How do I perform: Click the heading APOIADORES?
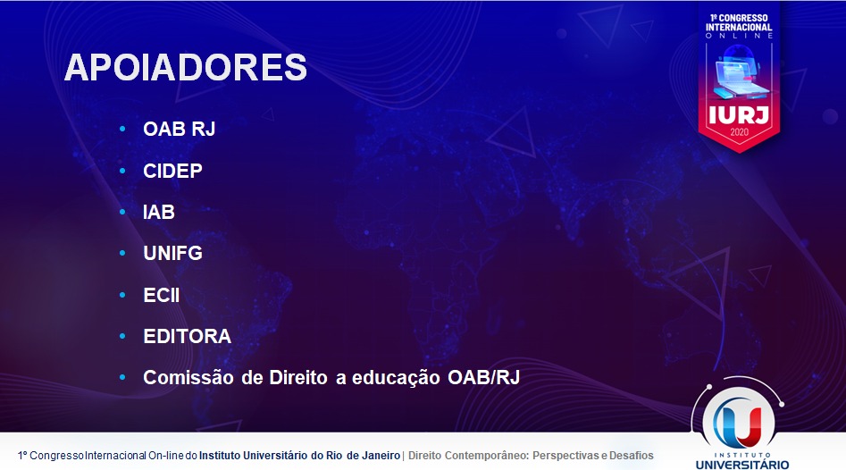click(x=185, y=67)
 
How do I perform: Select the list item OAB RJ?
click(x=180, y=129)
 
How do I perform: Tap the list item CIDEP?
click(x=172, y=171)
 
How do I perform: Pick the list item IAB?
click(x=159, y=212)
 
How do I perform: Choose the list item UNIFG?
click(x=172, y=253)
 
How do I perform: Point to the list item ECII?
click(x=162, y=295)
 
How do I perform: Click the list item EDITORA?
click(x=188, y=336)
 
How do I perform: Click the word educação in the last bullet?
click(x=396, y=378)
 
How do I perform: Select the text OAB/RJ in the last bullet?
click(x=483, y=377)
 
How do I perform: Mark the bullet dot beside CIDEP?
click(x=122, y=171)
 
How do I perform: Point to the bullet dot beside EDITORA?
click(x=122, y=336)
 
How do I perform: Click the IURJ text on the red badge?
click(x=739, y=115)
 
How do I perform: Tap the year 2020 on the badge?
click(x=739, y=132)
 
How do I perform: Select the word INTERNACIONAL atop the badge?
click(x=739, y=27)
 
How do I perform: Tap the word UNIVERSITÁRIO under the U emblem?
click(x=742, y=465)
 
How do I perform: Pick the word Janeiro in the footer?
click(x=381, y=456)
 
